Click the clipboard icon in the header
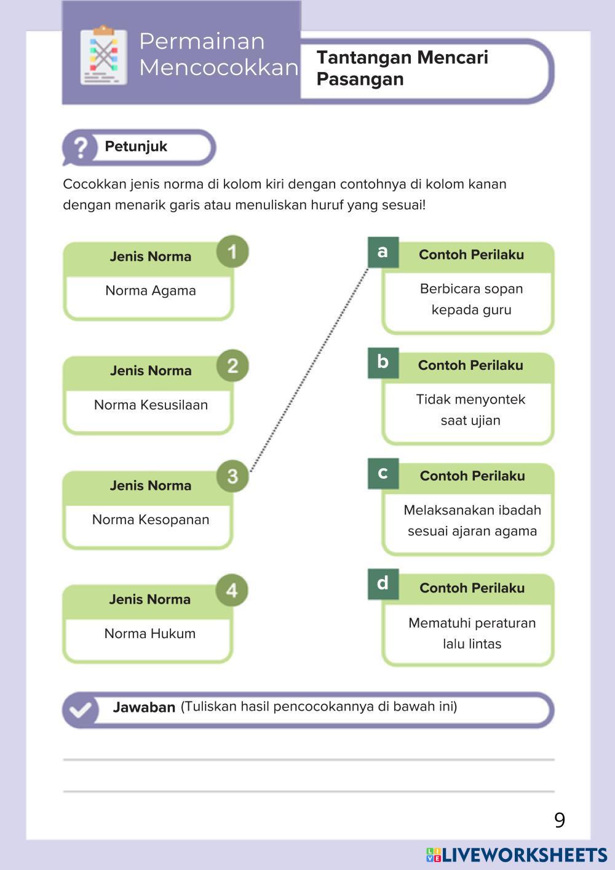pyautogui.click(x=104, y=55)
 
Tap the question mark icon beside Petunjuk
pyautogui.click(x=80, y=148)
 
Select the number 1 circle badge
pyautogui.click(x=232, y=252)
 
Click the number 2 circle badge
pyautogui.click(x=232, y=366)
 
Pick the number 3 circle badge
pyautogui.click(x=232, y=476)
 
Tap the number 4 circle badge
pyautogui.click(x=232, y=591)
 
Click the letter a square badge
pyautogui.click(x=383, y=252)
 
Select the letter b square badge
pyautogui.click(x=383, y=362)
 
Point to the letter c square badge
pyautogui.click(x=383, y=473)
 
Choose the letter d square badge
pyautogui.click(x=383, y=584)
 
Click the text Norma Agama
pyautogui.click(x=151, y=291)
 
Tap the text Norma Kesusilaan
pyautogui.click(x=151, y=405)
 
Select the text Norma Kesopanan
pyautogui.click(x=151, y=520)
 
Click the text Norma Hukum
pyautogui.click(x=150, y=634)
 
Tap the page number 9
pyautogui.click(x=560, y=820)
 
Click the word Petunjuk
pyautogui.click(x=136, y=146)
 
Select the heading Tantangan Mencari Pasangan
pyautogui.click(x=402, y=68)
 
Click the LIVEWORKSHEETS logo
pyautogui.click(x=517, y=855)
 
